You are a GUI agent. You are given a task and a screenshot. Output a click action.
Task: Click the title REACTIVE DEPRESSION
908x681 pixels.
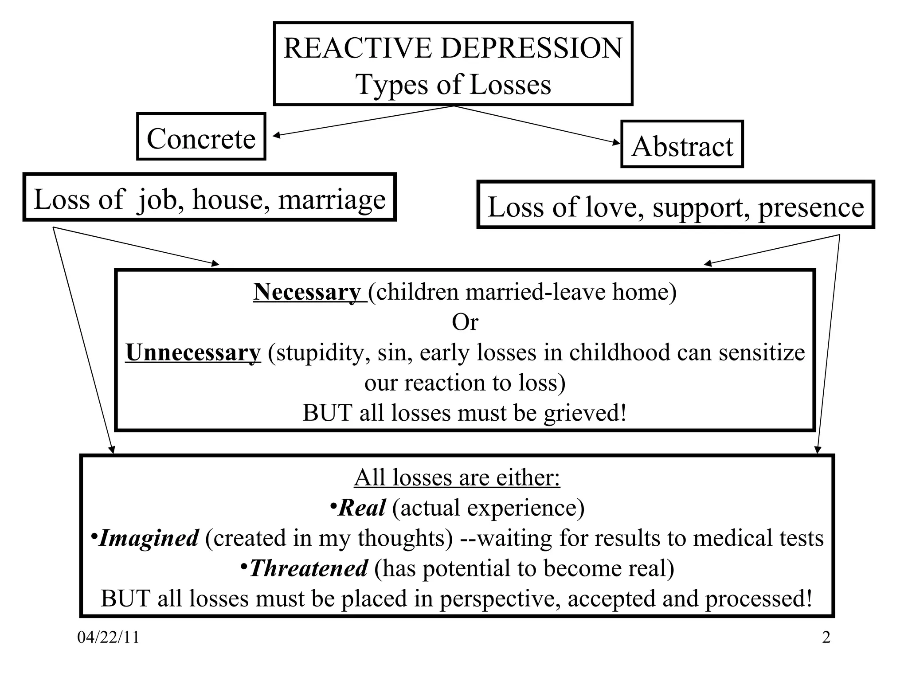click(x=453, y=48)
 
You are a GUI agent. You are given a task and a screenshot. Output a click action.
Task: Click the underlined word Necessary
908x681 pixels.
click(x=307, y=292)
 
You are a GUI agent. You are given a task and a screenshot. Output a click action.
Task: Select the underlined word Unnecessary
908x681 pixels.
click(x=193, y=352)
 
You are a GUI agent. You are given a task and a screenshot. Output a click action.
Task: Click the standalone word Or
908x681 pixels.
click(x=465, y=322)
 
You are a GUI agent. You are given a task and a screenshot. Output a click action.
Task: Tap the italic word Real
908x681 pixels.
click(x=361, y=508)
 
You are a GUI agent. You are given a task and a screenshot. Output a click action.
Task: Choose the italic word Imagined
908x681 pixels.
click(x=148, y=538)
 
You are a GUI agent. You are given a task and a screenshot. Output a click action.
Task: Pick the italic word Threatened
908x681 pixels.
click(x=308, y=568)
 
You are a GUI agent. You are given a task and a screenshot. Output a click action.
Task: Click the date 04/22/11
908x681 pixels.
click(x=108, y=638)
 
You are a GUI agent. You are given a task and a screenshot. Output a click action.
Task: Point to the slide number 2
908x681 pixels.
click(x=826, y=638)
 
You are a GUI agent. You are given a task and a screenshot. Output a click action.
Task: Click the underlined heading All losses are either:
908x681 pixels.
click(x=457, y=477)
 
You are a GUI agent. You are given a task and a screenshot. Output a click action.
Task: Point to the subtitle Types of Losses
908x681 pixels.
click(x=453, y=84)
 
